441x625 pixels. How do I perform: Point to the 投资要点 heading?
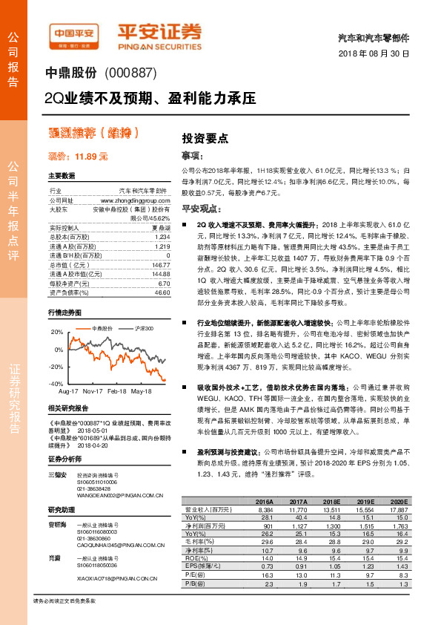[x=205, y=139]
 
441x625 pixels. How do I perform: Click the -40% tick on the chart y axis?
[x=56, y=383]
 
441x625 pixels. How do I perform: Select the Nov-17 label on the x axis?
[x=93, y=390]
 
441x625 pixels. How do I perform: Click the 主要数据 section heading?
[x=62, y=176]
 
